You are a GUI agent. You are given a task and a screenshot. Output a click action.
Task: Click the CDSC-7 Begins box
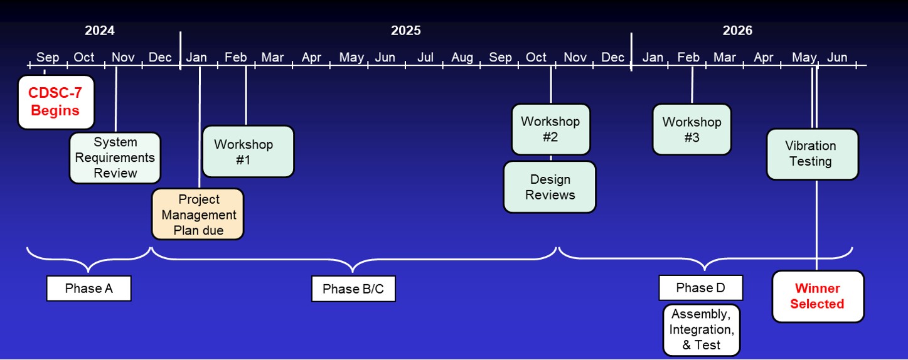56,102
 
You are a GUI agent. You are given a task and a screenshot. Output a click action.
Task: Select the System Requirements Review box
115,158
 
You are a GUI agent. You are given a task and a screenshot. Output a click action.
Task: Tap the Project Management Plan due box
198,214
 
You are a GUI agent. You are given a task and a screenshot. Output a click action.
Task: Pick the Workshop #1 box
248,151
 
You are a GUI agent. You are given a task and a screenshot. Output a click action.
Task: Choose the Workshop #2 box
551,129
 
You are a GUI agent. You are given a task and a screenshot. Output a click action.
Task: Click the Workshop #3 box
692,129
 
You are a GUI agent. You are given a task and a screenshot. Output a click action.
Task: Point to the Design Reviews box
550,187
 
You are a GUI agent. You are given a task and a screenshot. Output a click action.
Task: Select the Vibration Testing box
813,154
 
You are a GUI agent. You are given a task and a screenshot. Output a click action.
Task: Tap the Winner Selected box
818,297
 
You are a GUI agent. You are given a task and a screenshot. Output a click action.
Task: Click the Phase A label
88,289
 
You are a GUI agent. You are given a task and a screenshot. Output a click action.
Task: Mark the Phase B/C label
353,289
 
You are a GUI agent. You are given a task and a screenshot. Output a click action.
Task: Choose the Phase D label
701,288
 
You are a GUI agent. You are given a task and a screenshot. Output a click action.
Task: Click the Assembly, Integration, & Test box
702,330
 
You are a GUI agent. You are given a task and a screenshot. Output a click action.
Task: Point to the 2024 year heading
100,31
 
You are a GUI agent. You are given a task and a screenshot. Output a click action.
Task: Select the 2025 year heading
406,31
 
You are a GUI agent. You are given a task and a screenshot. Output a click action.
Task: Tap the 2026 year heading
737,31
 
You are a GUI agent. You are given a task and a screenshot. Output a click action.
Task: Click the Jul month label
425,58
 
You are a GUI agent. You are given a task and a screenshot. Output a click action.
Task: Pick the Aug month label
462,58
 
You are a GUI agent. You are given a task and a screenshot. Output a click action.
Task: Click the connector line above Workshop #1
245,95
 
